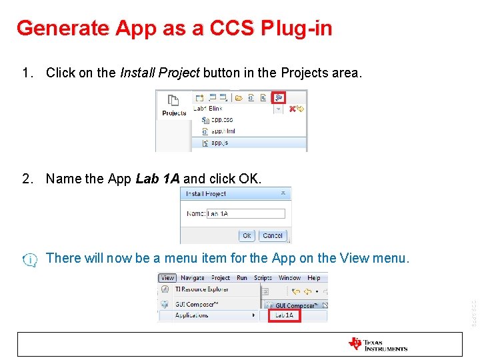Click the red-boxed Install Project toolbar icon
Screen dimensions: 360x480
coord(278,97)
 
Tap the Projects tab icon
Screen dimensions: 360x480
coord(173,101)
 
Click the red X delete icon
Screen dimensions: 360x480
coord(292,109)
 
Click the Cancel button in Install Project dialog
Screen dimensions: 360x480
coord(273,235)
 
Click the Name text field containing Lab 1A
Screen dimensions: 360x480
coord(245,213)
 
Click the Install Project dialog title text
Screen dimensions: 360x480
coord(206,194)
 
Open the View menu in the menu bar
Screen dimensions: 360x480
coord(167,278)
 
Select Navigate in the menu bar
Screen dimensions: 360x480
coord(193,278)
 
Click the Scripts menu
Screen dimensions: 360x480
coord(263,278)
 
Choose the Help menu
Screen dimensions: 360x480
coord(314,278)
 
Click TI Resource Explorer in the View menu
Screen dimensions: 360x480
coord(201,289)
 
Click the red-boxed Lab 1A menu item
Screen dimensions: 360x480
coord(284,315)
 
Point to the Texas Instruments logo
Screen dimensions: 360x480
coord(377,344)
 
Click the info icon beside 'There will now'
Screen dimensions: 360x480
coord(30,259)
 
